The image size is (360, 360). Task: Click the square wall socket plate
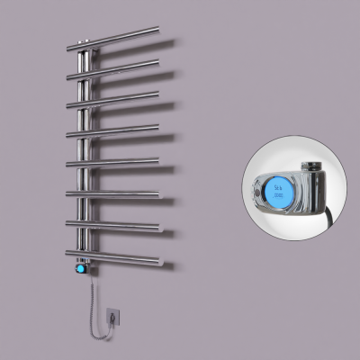(x=113, y=316)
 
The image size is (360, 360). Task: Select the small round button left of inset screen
(x=255, y=191)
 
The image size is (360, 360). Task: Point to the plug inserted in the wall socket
(x=113, y=315)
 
